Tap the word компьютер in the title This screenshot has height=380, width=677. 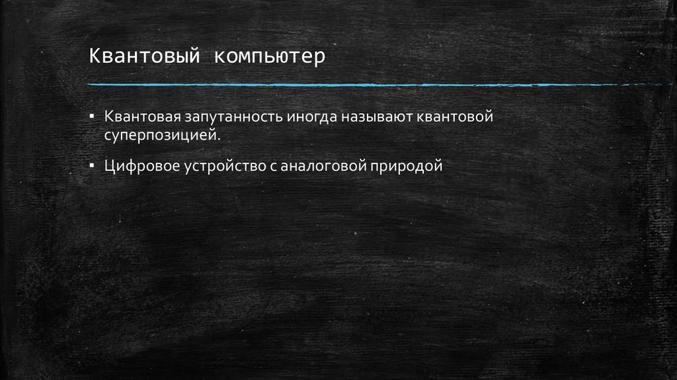[x=268, y=56]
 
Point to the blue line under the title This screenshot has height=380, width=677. [x=370, y=85]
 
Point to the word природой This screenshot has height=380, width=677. [x=405, y=166]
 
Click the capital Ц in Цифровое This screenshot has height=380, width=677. [x=108, y=165]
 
